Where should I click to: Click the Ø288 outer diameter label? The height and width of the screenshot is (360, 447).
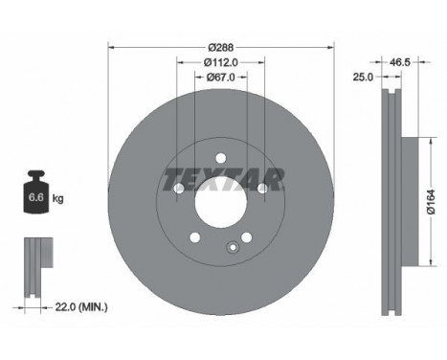coord(221,48)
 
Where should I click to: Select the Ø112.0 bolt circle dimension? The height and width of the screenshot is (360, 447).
coord(221,62)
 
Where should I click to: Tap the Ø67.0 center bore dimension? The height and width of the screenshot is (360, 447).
coord(221,77)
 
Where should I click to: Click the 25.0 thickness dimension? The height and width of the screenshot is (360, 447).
coord(363,77)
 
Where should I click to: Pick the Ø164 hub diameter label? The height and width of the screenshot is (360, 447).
coord(431,202)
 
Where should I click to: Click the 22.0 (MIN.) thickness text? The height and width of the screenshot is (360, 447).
coord(81,307)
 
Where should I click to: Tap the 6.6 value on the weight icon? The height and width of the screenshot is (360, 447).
coord(35,197)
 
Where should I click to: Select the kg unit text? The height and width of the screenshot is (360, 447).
coord(57,198)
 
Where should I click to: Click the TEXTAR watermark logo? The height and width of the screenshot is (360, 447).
coord(223,180)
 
